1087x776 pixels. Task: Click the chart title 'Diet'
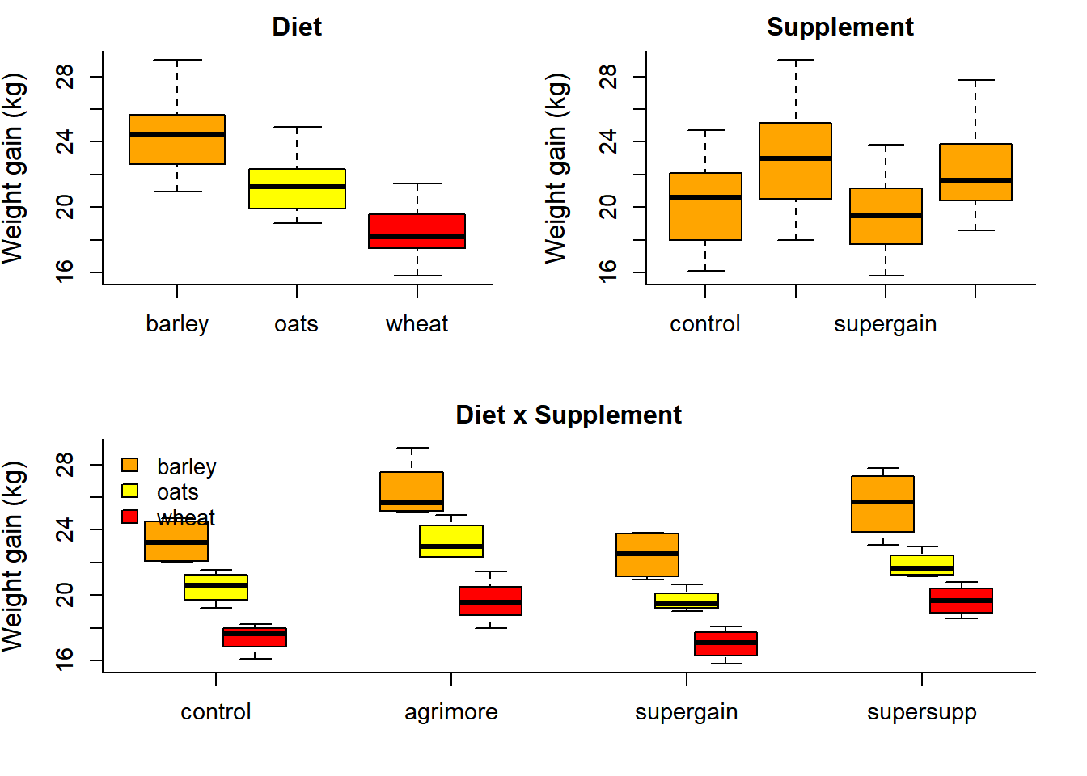pyautogui.click(x=297, y=27)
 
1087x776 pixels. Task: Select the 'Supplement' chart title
pyautogui.click(x=840, y=27)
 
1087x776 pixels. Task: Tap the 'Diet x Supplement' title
pyautogui.click(x=568, y=415)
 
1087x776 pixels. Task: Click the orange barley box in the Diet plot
pyautogui.click(x=177, y=140)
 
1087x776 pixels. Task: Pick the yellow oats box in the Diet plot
pyautogui.click(x=297, y=188)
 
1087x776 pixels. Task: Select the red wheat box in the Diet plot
pyautogui.click(x=417, y=231)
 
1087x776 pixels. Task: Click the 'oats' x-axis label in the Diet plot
pyautogui.click(x=296, y=324)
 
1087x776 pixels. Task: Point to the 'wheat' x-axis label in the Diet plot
pyautogui.click(x=417, y=324)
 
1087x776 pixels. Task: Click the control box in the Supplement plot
pyautogui.click(x=705, y=207)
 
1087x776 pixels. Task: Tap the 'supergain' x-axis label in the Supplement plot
pyautogui.click(x=885, y=324)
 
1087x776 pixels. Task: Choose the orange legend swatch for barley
pyautogui.click(x=129, y=465)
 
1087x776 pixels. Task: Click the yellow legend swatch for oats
pyautogui.click(x=129, y=491)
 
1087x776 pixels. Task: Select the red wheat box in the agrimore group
pyautogui.click(x=490, y=601)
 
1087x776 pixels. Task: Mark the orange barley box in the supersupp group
pyautogui.click(x=882, y=504)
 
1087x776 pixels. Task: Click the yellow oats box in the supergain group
pyautogui.click(x=687, y=601)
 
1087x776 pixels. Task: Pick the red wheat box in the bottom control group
pyautogui.click(x=255, y=637)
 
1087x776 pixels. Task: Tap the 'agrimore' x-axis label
pyautogui.click(x=450, y=712)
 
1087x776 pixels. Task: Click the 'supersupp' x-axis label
pyautogui.click(x=921, y=712)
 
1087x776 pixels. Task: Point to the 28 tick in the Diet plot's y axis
pyautogui.click(x=65, y=77)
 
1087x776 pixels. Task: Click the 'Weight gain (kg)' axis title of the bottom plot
pyautogui.click(x=14, y=556)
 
